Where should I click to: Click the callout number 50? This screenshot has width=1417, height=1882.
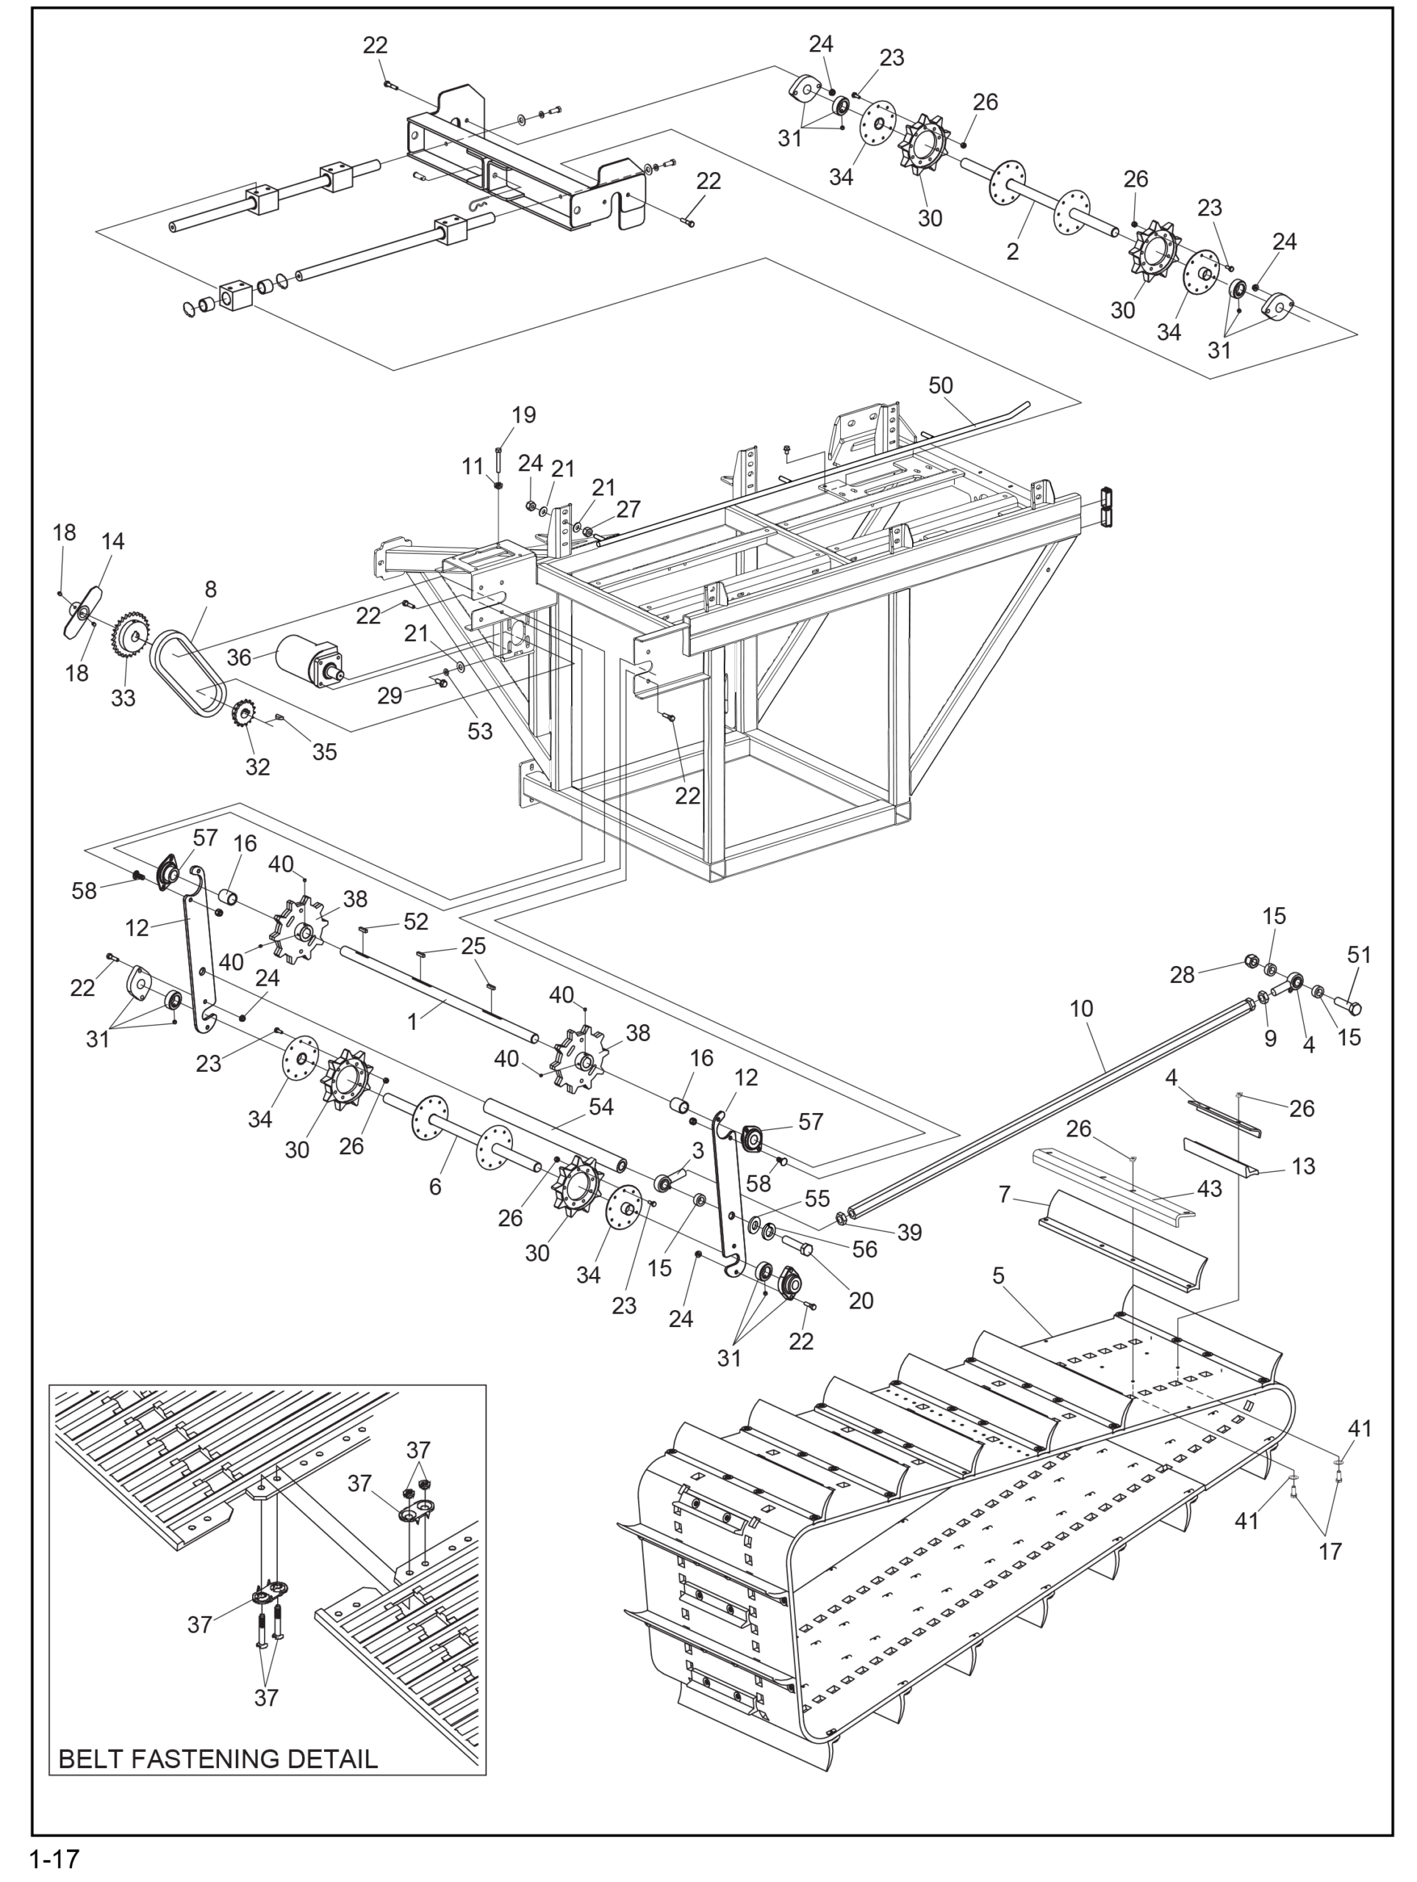coord(940,385)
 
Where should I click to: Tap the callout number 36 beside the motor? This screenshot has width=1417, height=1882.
coord(239,658)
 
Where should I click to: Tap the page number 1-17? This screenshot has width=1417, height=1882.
coord(54,1859)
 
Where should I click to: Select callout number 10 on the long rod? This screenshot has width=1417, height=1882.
coord(1081,1009)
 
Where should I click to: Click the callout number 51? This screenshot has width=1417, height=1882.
coord(1359,955)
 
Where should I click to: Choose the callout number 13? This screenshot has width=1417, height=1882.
coord(1303,1167)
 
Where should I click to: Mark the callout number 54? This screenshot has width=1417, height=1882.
coord(601,1107)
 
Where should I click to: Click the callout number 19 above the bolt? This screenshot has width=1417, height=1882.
coord(524,415)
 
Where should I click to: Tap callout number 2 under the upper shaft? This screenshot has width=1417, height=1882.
coord(1012,252)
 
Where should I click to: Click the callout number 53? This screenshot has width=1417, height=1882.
coord(480,731)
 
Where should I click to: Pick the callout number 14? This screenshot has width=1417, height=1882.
coord(113,541)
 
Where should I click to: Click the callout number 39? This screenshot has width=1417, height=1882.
coord(909,1232)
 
